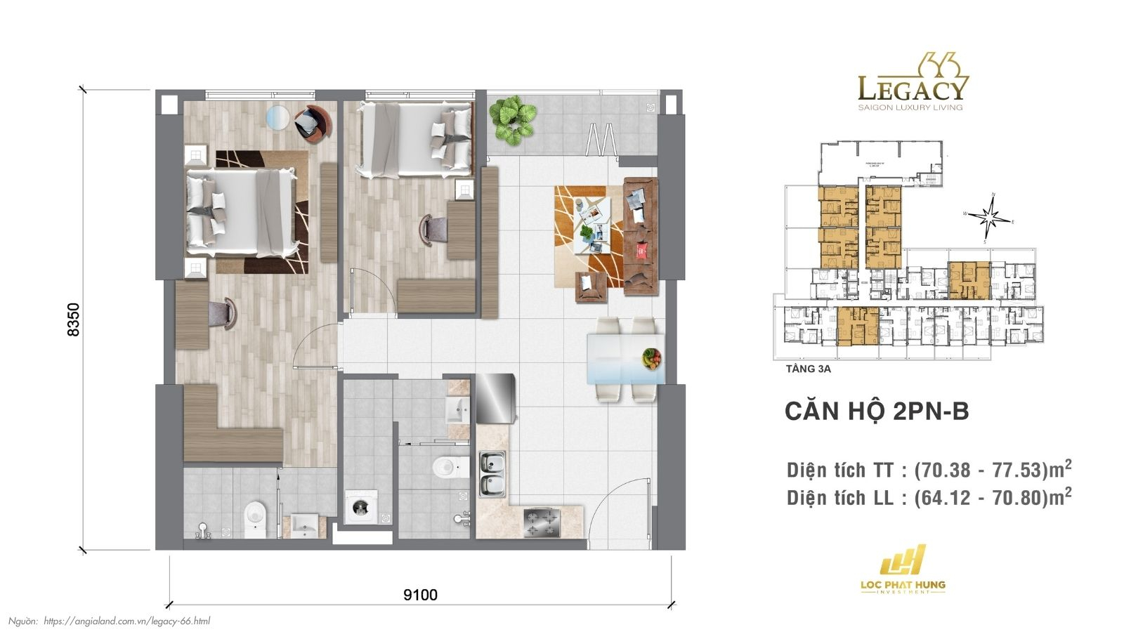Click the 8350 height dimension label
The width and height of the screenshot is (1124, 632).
coord(73,320)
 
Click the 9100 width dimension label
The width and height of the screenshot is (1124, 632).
coord(420,595)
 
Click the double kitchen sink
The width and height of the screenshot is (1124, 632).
coord(492,474)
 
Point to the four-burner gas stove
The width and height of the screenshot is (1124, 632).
coord(542,522)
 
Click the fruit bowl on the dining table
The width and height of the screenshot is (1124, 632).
coord(651,358)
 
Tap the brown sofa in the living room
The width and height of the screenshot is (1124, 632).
coord(640,237)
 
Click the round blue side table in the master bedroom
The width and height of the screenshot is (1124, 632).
coord(279,117)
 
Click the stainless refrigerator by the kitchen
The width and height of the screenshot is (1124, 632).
coord(495,398)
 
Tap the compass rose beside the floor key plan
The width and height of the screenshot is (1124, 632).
coord(990,216)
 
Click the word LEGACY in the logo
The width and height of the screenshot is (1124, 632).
coord(912,89)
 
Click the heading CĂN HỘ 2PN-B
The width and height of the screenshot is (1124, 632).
coord(876,412)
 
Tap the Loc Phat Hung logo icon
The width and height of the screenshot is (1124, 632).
coord(903,561)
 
